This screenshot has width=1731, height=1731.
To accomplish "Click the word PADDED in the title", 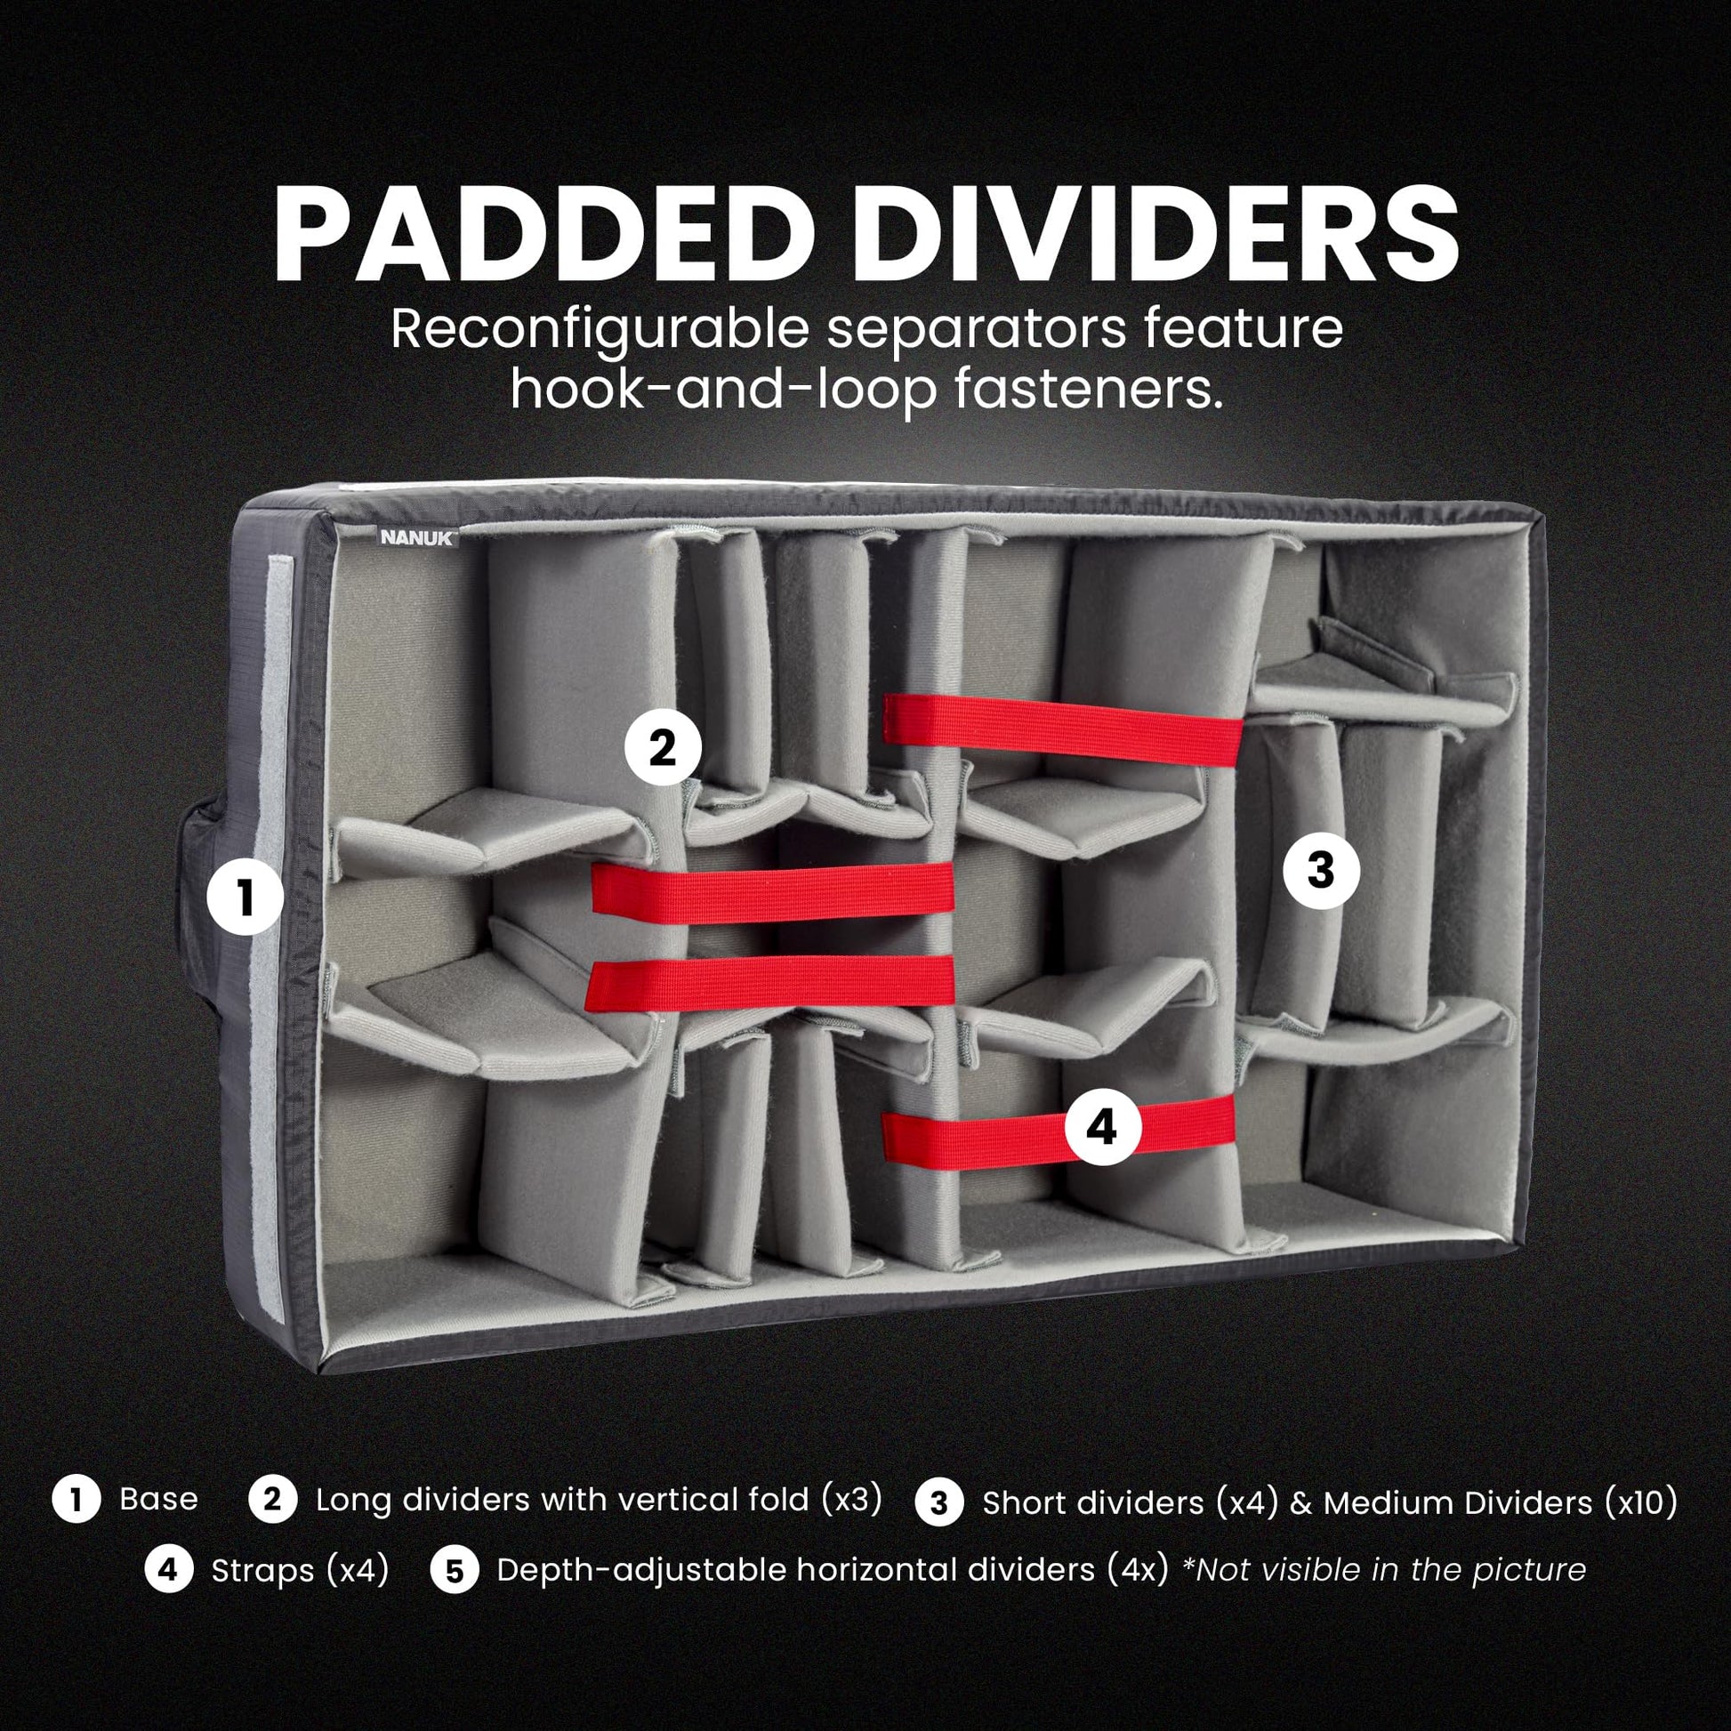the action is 525,235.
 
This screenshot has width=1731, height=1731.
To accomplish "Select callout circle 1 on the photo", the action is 246,898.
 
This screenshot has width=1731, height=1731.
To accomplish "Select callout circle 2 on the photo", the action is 663,747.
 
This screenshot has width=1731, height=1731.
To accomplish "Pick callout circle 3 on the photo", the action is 1322,870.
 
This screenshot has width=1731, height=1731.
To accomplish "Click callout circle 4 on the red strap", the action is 1103,1127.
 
